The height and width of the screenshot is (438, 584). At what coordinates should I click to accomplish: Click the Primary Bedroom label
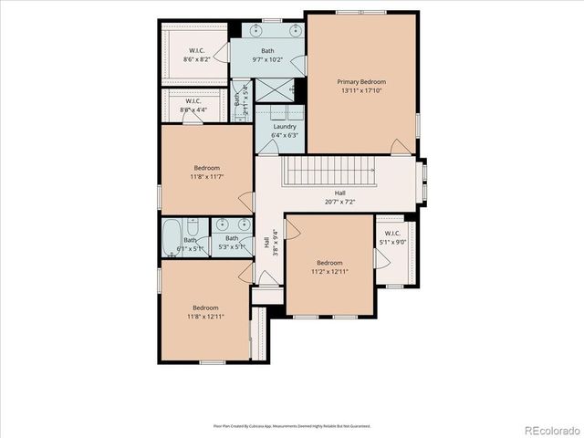point(362,81)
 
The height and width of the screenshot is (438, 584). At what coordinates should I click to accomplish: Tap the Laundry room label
point(285,126)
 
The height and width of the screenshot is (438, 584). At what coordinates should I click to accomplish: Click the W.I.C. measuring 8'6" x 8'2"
point(194,54)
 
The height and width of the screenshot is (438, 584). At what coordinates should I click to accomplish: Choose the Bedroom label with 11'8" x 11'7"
point(206,172)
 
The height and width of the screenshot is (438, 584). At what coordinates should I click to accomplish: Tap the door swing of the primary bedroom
point(399,146)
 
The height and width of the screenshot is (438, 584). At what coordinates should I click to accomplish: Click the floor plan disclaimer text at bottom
point(292,425)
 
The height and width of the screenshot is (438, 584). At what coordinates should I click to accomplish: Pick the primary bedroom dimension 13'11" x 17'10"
point(362,90)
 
